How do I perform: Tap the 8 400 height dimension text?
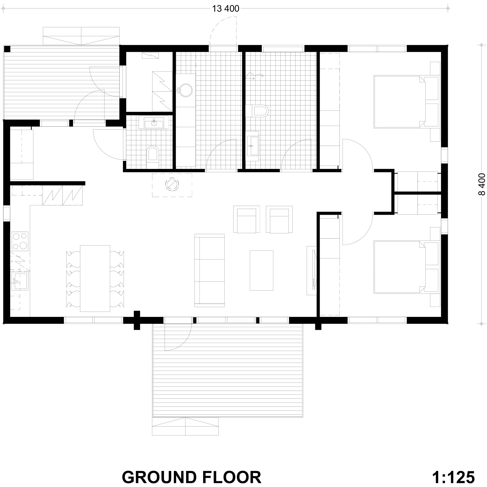click(481, 184)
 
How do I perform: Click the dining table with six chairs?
click(95, 278)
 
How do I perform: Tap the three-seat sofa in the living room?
click(210, 270)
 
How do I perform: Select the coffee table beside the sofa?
click(261, 270)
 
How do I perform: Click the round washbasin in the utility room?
click(185, 90)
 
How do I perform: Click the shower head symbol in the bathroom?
click(255, 76)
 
